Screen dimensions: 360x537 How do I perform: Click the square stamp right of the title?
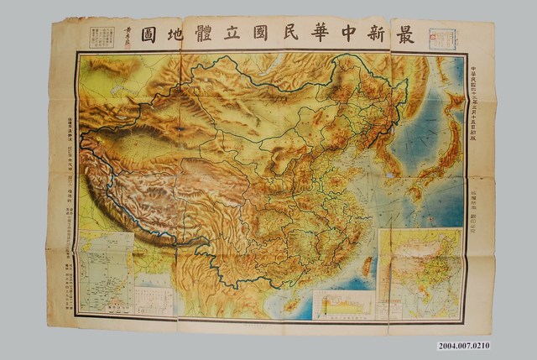click(x=442, y=39)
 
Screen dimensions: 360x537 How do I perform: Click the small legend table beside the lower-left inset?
click(x=153, y=300)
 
